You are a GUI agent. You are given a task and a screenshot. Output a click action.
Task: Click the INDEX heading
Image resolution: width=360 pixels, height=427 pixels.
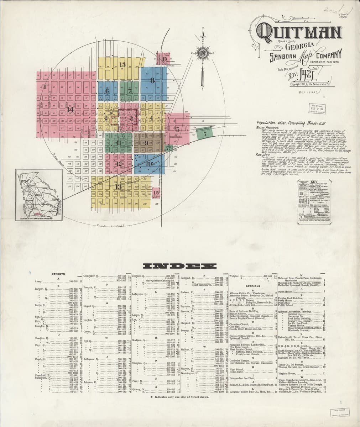tap(180, 266)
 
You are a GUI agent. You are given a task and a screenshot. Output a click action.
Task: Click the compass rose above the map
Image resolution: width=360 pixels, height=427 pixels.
tap(203, 53)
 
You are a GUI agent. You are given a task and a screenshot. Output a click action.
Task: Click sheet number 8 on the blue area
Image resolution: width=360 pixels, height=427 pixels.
tap(152, 80)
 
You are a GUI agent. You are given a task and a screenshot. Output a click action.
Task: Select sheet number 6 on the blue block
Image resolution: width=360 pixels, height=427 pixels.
tap(106, 91)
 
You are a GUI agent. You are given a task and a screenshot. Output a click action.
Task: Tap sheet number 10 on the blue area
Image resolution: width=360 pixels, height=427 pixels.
tap(149, 164)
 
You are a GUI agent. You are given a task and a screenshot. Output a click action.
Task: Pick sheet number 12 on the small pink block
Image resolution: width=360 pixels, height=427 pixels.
tap(119, 163)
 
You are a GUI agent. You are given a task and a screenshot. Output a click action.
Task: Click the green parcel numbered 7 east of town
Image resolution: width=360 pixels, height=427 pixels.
tap(205, 134)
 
